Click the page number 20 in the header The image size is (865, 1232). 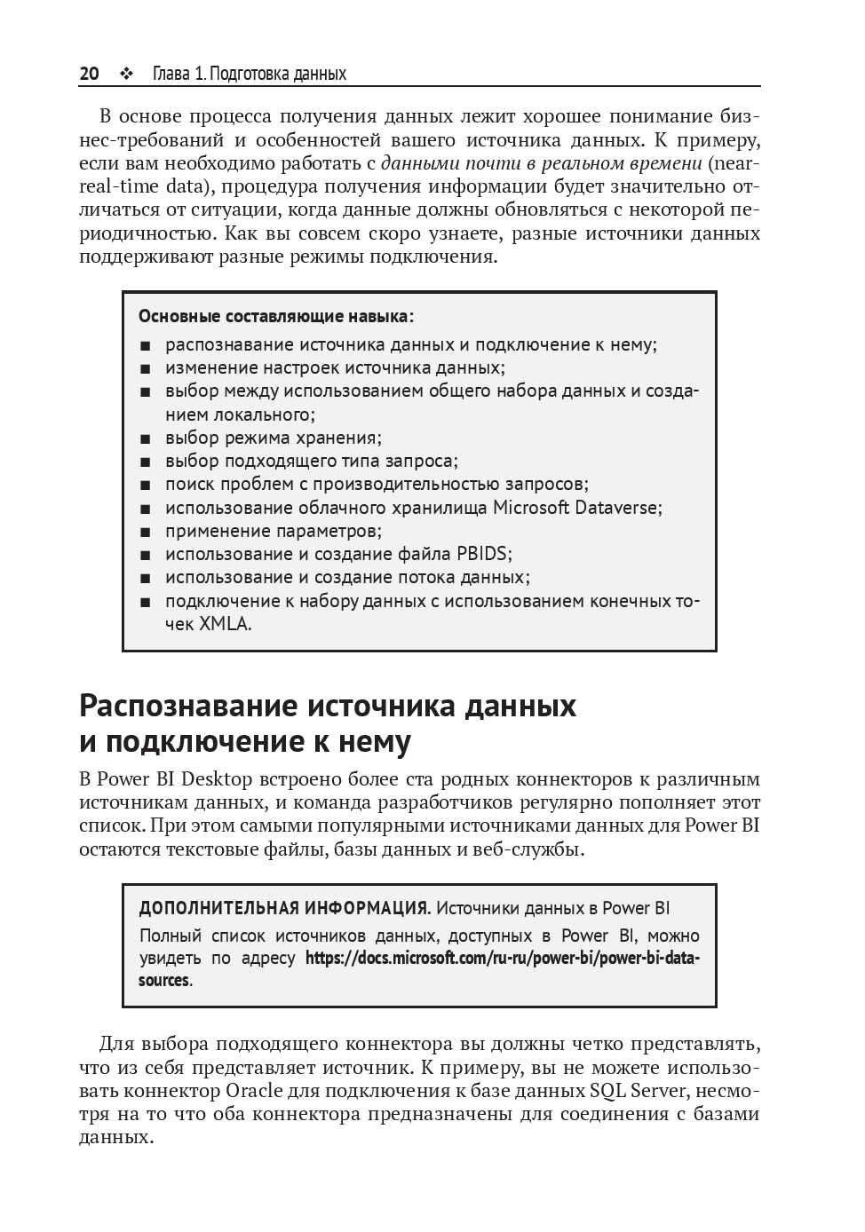(x=89, y=74)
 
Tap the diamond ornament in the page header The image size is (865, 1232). (x=125, y=74)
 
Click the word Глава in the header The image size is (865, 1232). (x=171, y=74)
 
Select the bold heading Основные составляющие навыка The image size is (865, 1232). (x=275, y=316)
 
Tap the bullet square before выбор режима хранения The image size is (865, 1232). (x=146, y=438)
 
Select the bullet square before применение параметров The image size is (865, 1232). (x=146, y=532)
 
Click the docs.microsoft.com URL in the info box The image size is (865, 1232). (x=502, y=959)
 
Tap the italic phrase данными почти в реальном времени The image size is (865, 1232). (x=542, y=163)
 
